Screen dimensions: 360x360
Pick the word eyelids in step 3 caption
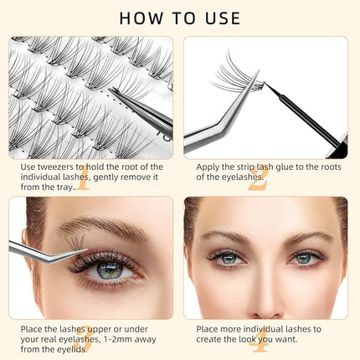[x=73, y=349]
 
